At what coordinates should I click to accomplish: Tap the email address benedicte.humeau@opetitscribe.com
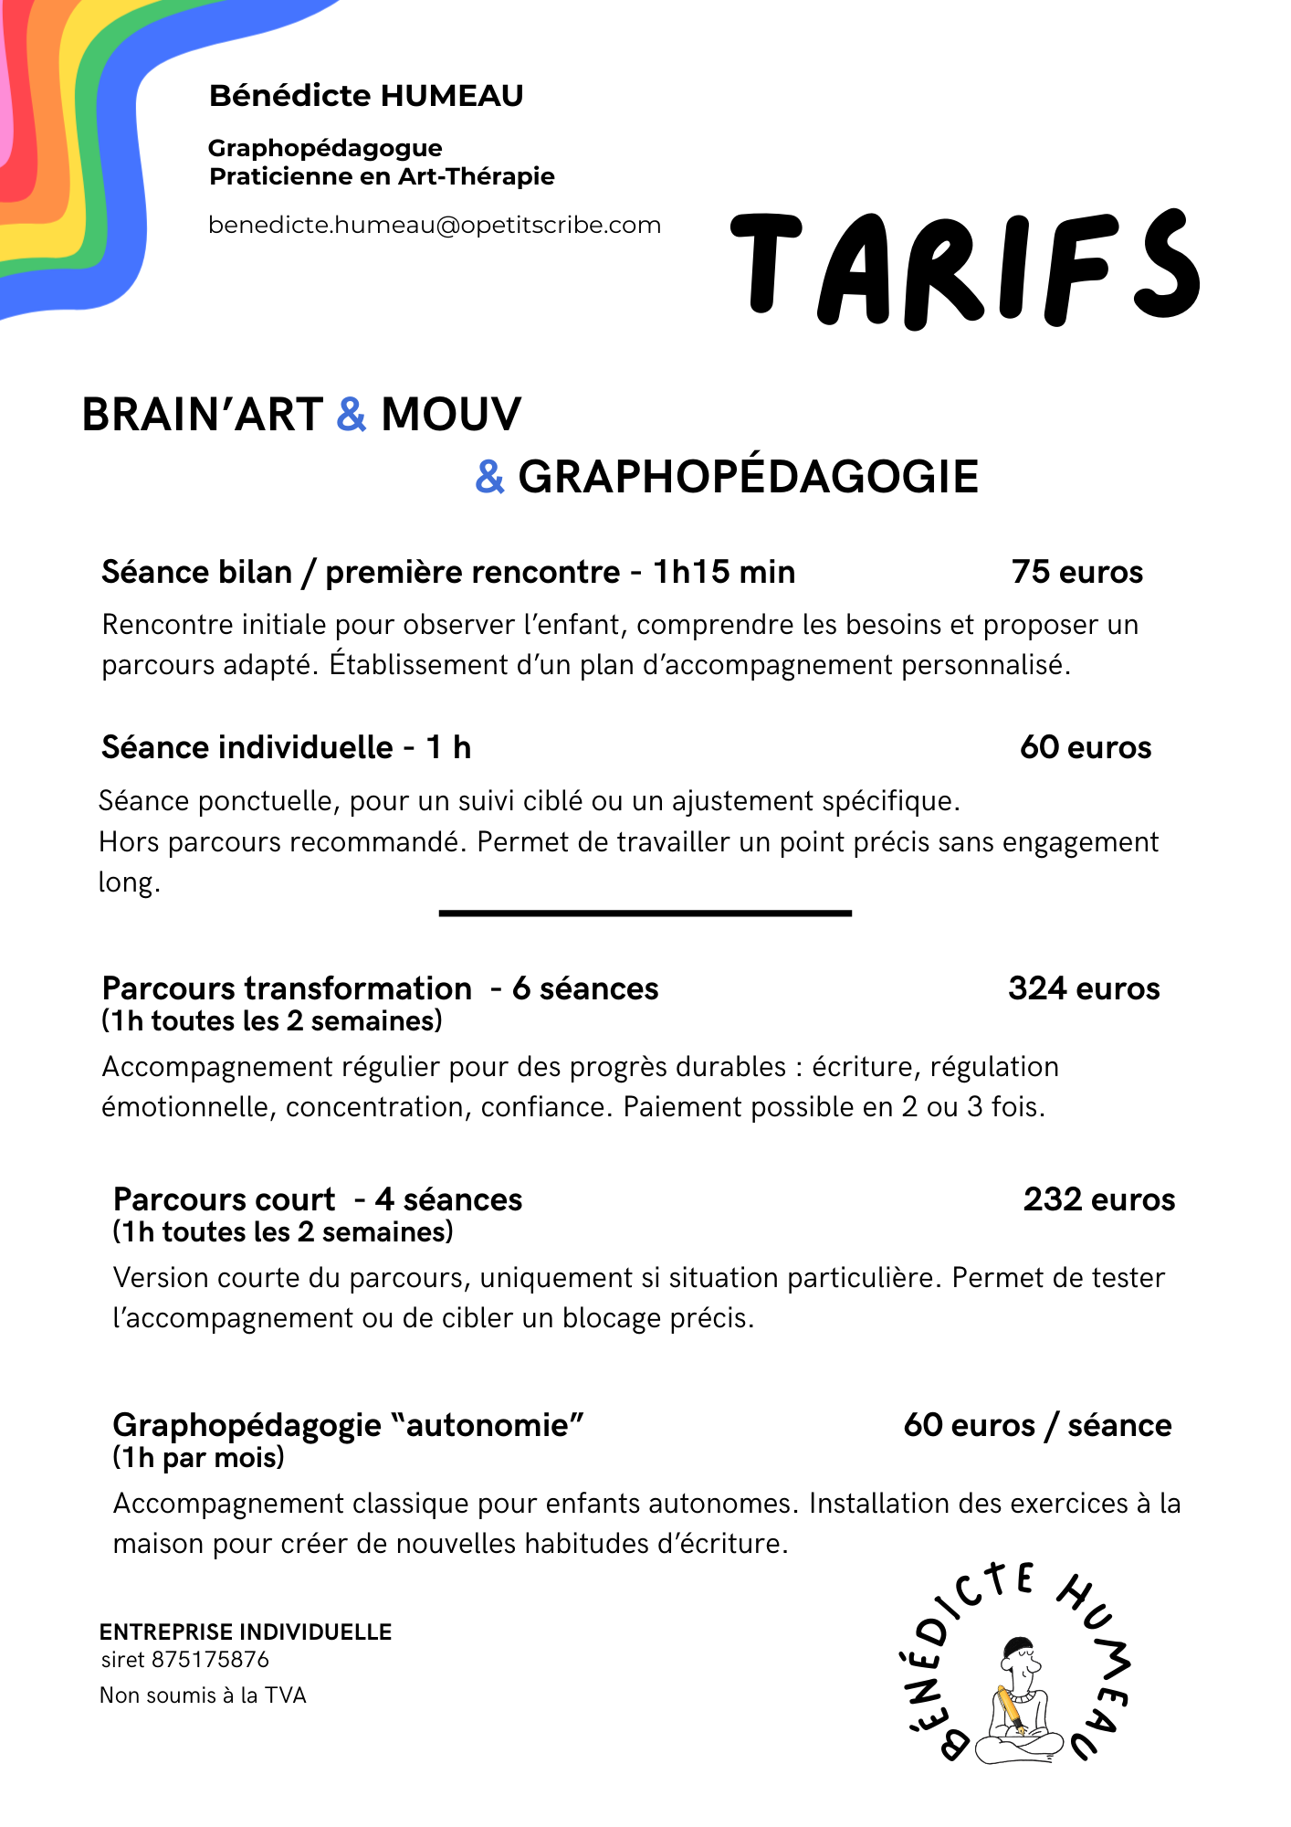coord(435,226)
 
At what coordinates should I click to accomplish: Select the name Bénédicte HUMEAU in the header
coord(366,96)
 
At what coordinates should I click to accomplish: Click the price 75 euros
coord(1076,572)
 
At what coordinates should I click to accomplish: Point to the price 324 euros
coord(1084,988)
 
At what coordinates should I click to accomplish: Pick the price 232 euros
coord(1098,1199)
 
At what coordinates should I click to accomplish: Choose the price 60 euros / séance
coord(1037,1425)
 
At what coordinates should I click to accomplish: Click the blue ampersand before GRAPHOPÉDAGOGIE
coord(490,477)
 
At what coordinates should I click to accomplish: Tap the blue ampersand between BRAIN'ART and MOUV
coord(352,414)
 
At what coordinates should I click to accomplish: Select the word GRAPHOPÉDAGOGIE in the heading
coord(748,477)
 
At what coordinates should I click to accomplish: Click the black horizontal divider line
coord(645,913)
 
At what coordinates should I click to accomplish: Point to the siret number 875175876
coord(211,1660)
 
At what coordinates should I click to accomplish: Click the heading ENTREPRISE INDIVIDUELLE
coord(246,1632)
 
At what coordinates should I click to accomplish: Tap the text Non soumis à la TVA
coord(203,1695)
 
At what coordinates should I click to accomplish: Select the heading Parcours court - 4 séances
coord(317,1199)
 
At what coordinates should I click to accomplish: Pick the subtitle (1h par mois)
coord(198,1457)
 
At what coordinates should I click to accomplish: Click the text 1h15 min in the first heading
coord(723,572)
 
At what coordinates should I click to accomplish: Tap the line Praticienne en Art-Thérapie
coord(382,176)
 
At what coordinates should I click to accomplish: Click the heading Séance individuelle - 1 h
coord(286,747)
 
